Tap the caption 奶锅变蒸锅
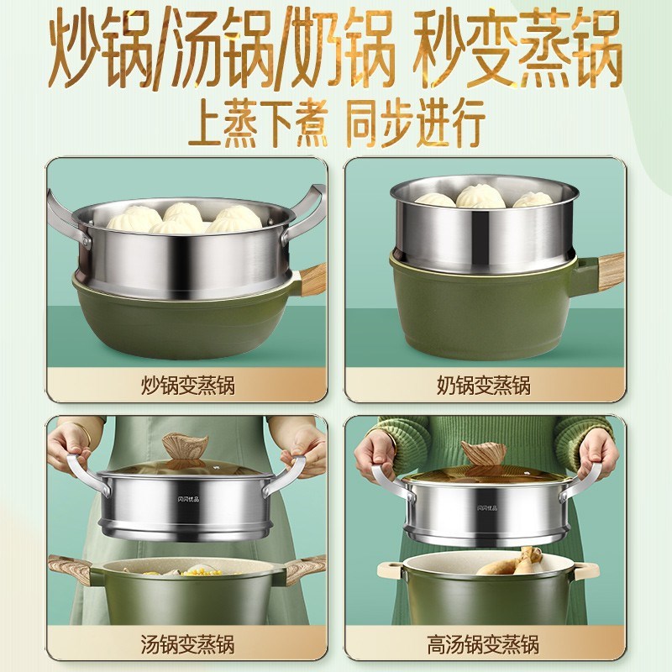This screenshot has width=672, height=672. (x=484, y=386)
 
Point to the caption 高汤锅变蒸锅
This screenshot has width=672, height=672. (x=484, y=646)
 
